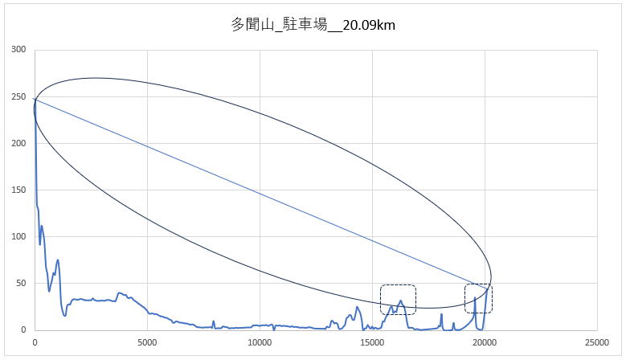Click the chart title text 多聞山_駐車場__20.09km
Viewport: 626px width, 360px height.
coord(313,25)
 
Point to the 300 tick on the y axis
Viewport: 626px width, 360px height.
coord(18,50)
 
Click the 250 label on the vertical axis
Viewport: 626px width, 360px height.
coord(18,96)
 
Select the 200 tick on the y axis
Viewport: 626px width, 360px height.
coord(18,143)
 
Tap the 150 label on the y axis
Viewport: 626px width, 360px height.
coord(18,190)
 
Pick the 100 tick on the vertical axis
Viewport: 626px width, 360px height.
coord(18,236)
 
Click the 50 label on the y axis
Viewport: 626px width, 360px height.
coord(21,283)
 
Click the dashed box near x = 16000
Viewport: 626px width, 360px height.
coord(398,299)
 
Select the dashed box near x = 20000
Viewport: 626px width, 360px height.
coord(478,298)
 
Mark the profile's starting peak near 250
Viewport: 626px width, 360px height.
coord(35,100)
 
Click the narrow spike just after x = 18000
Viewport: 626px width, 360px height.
coord(441,314)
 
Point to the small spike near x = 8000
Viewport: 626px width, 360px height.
coord(214,321)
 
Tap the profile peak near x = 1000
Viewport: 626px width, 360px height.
coord(58,260)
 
